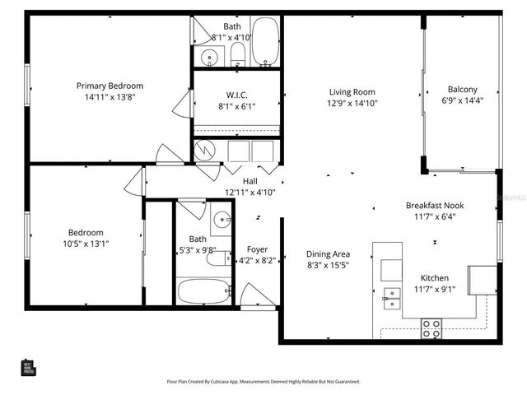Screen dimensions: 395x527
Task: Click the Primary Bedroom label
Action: [110, 86]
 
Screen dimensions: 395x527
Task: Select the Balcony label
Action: [462, 90]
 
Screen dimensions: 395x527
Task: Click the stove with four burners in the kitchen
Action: [431, 329]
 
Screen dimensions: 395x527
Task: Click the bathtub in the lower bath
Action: [205, 291]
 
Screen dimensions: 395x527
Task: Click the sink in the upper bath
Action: [209, 58]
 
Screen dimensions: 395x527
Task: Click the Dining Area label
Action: [329, 254]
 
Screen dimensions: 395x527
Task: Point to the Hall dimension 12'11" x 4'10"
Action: [250, 192]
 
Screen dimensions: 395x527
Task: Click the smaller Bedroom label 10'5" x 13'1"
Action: [86, 233]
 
